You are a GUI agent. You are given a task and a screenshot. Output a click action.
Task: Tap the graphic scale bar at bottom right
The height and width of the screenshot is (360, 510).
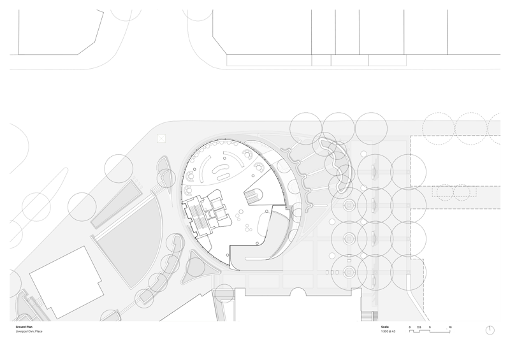click(430, 331)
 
